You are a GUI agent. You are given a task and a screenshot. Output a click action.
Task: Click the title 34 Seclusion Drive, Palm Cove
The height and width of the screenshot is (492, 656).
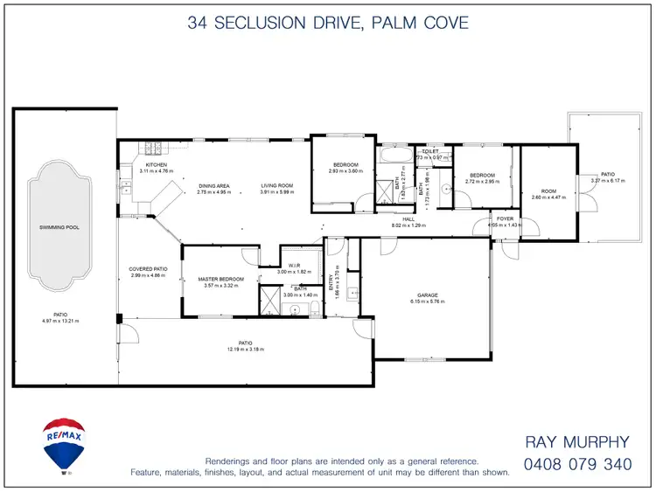tap(327, 23)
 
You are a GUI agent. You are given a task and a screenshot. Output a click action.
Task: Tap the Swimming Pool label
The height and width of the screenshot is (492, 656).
tap(59, 227)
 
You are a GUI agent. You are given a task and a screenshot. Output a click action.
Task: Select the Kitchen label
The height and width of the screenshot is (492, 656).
tap(157, 165)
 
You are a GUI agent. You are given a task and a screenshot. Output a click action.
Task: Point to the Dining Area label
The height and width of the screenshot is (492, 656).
tap(214, 185)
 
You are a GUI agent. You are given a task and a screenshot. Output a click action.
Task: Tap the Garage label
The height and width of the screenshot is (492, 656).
tap(427, 295)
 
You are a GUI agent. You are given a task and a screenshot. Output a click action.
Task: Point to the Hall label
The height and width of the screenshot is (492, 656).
tap(408, 219)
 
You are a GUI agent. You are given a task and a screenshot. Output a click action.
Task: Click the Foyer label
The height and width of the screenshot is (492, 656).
tap(506, 218)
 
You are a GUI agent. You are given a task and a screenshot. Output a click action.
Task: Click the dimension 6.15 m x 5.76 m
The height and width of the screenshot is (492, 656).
tap(427, 301)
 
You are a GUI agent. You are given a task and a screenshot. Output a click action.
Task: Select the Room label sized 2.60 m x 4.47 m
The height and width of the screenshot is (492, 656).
tap(548, 191)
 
